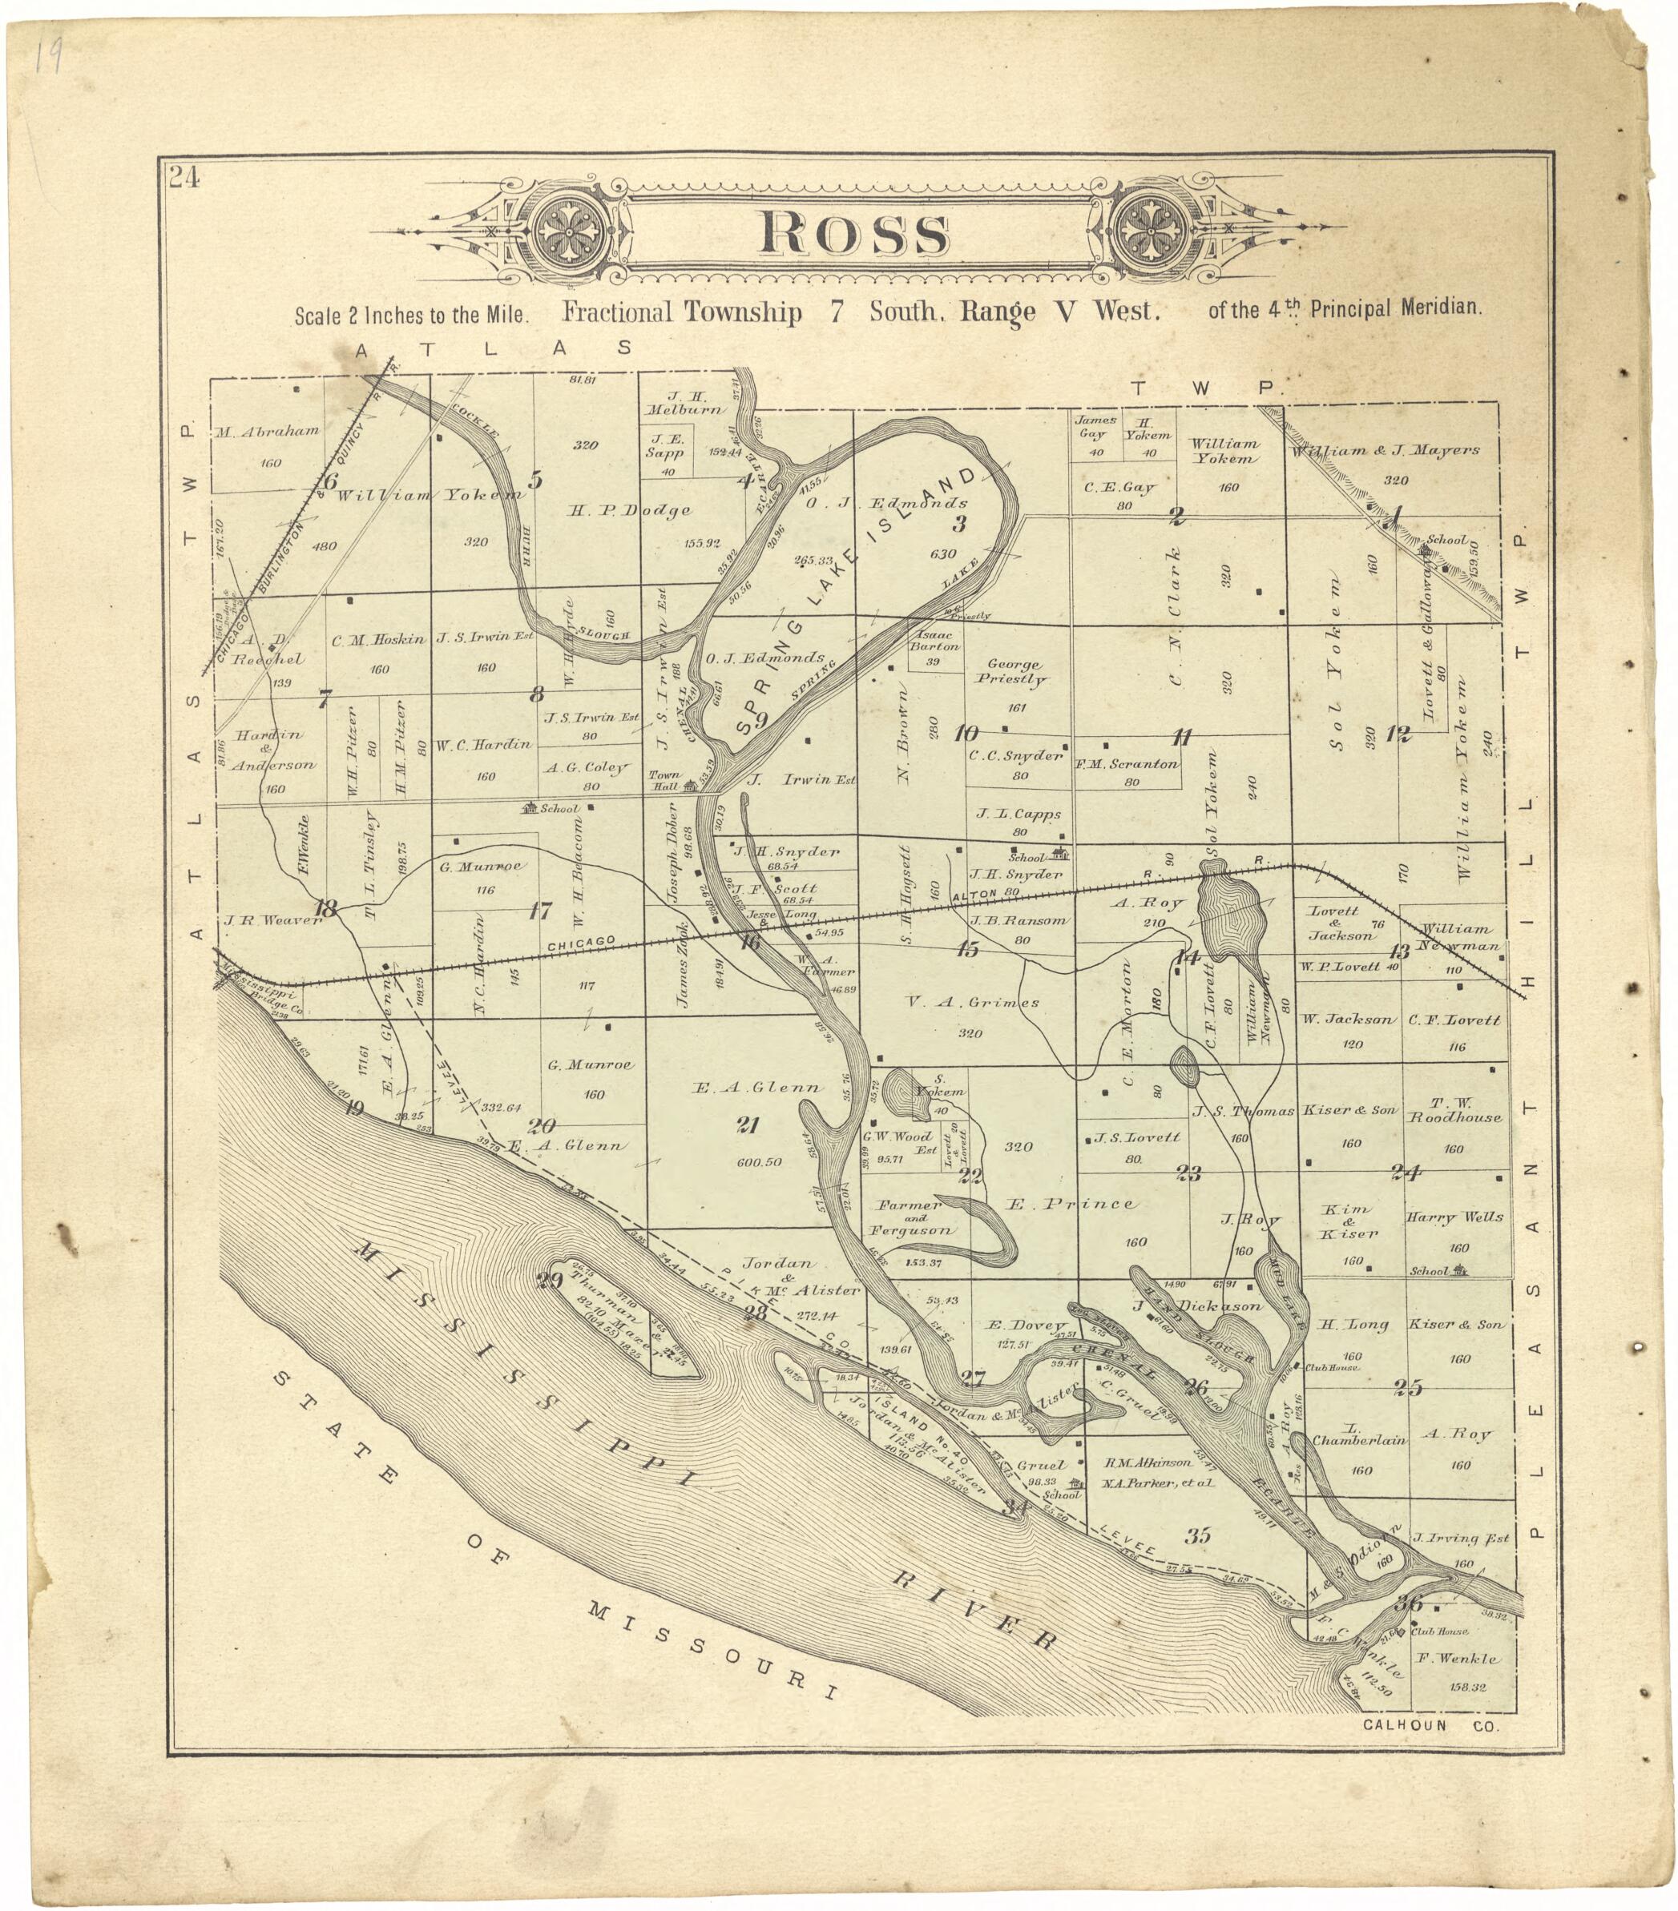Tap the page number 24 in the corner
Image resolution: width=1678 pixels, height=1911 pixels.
184,178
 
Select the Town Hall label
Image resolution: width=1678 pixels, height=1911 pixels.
665,781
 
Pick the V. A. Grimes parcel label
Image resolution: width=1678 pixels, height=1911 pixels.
973,1002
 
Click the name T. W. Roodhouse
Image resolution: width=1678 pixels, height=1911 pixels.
1454,1110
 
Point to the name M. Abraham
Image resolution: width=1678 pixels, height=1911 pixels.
267,432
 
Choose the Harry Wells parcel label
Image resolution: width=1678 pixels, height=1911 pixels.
1454,1217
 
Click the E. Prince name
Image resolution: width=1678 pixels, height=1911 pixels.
1071,1205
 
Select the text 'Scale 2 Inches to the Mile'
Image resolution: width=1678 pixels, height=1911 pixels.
412,314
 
